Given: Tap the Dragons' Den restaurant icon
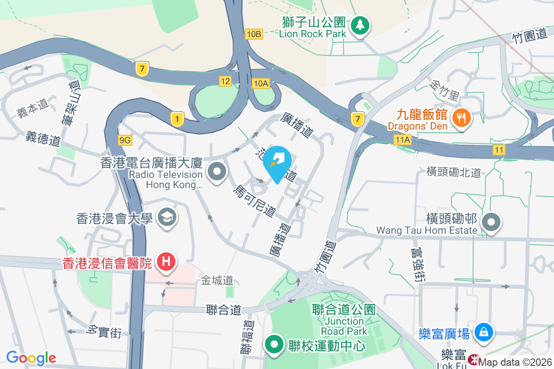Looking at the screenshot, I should [461, 117].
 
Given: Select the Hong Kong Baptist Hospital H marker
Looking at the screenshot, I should [166, 262].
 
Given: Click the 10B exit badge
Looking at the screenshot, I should [254, 34].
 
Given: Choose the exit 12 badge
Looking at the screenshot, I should [225, 81].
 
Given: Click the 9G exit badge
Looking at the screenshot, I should [125, 140].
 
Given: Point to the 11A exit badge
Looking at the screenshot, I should [403, 139].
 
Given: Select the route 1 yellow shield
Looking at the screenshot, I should [177, 118].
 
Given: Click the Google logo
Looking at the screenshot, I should [31, 357].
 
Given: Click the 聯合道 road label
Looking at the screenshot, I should [224, 309].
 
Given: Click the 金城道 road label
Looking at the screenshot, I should [217, 280].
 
